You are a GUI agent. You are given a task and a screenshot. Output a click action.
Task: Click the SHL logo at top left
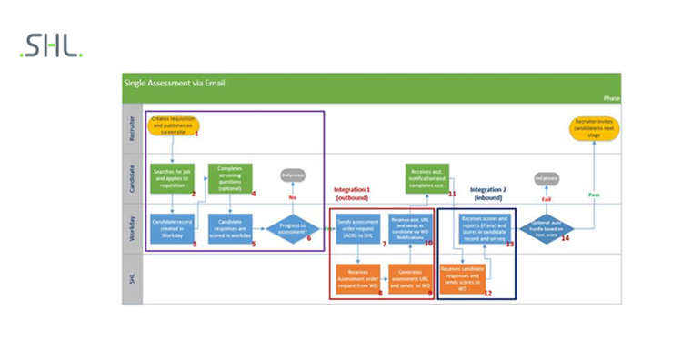pos(51,46)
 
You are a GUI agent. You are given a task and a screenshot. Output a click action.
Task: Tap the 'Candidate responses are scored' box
pos(229,228)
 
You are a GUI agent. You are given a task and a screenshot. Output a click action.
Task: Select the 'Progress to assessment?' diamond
pos(293,228)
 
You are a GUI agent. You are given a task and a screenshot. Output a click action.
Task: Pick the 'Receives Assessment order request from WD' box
pos(358,278)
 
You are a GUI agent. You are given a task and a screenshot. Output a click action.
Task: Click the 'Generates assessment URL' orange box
pos(411,278)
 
